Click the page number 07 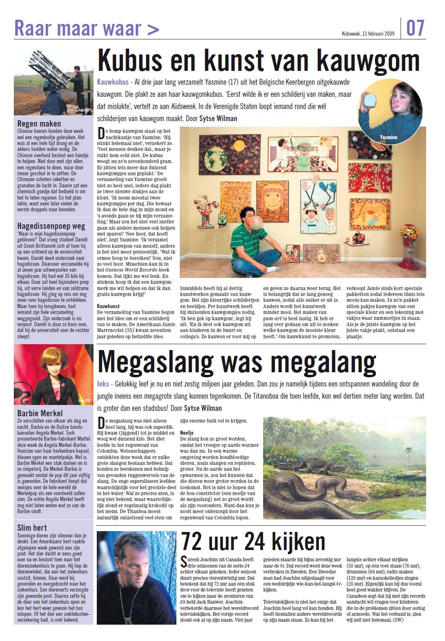pyautogui.click(x=415, y=28)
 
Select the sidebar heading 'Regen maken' pyautogui.click(x=39, y=124)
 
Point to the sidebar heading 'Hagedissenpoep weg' pyautogui.click(x=51, y=226)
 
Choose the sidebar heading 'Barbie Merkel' pyautogui.click(x=40, y=413)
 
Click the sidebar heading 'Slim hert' pyautogui.click(x=32, y=527)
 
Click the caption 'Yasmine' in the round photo pyautogui.click(x=388, y=137)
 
